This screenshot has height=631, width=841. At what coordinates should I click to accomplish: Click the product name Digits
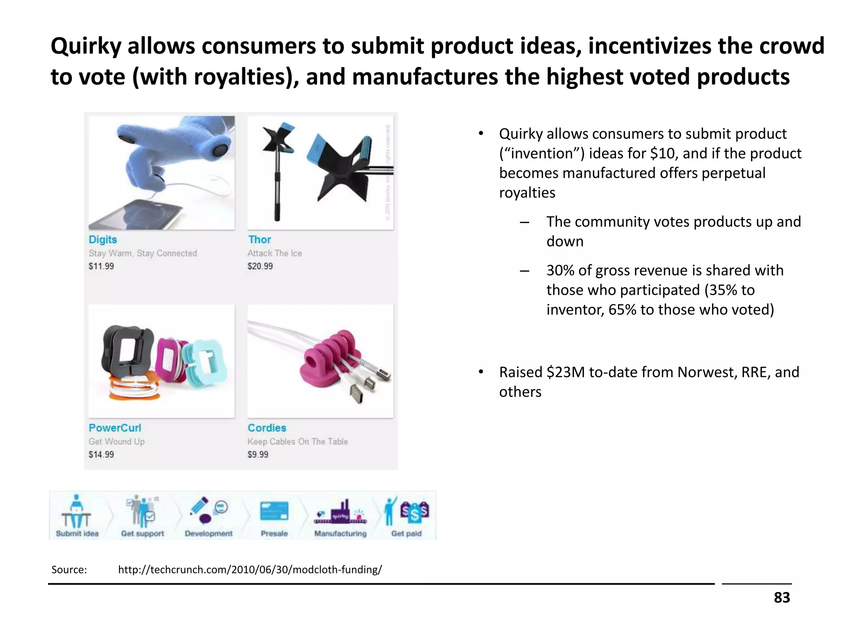click(103, 240)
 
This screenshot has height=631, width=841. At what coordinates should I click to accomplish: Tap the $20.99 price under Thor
click(260, 266)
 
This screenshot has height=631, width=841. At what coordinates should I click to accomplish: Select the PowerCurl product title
click(115, 428)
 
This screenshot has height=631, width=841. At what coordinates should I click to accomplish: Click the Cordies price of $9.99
click(258, 455)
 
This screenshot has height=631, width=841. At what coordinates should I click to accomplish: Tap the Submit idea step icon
click(76, 512)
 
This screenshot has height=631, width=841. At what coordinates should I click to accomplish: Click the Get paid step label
click(406, 534)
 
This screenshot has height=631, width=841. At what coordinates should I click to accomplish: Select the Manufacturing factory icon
click(340, 512)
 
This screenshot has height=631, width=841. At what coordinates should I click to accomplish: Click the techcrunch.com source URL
click(250, 570)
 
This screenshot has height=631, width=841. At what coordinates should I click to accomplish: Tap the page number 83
click(781, 598)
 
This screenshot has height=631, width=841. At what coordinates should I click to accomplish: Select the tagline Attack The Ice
click(274, 253)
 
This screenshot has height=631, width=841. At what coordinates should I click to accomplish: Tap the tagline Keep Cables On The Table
click(297, 442)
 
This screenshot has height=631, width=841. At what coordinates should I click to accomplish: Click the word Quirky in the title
click(86, 46)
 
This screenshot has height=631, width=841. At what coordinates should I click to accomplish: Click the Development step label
click(209, 534)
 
